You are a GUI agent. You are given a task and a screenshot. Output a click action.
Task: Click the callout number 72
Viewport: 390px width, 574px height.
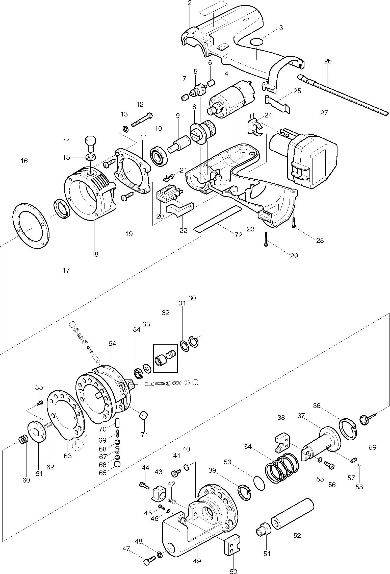tap(238, 235)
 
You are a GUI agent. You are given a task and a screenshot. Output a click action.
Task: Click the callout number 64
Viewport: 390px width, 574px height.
tap(112, 344)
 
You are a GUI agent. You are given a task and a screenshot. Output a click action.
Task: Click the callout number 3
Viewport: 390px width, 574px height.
tap(281, 28)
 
